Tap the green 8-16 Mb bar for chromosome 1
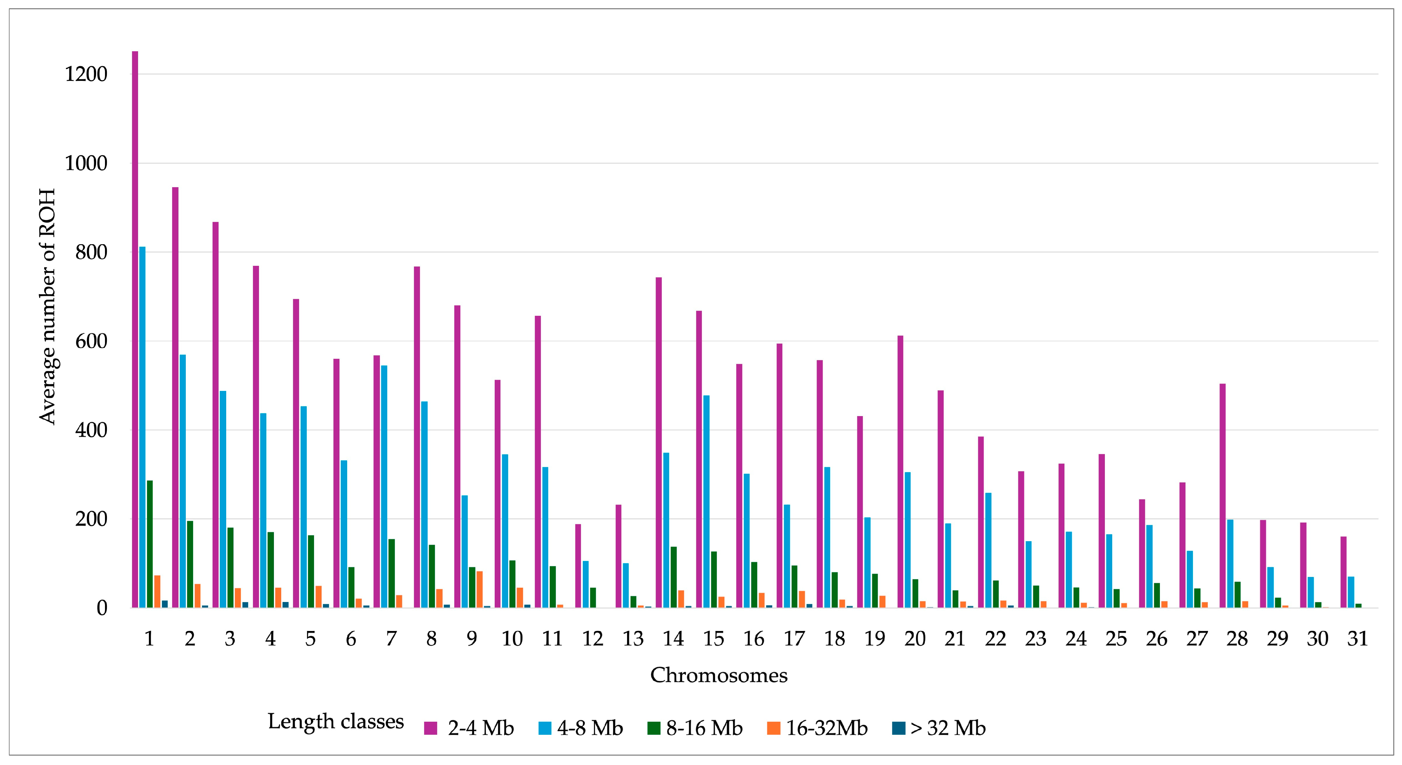(x=150, y=544)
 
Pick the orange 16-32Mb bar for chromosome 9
(x=479, y=589)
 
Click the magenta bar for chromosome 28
(x=1222, y=495)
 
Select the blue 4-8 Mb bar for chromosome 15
(x=707, y=501)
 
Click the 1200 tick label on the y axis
(x=86, y=74)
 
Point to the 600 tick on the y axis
(x=91, y=341)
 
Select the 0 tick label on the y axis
(x=102, y=608)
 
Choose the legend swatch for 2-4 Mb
(x=430, y=728)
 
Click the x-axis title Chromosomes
(x=718, y=675)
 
